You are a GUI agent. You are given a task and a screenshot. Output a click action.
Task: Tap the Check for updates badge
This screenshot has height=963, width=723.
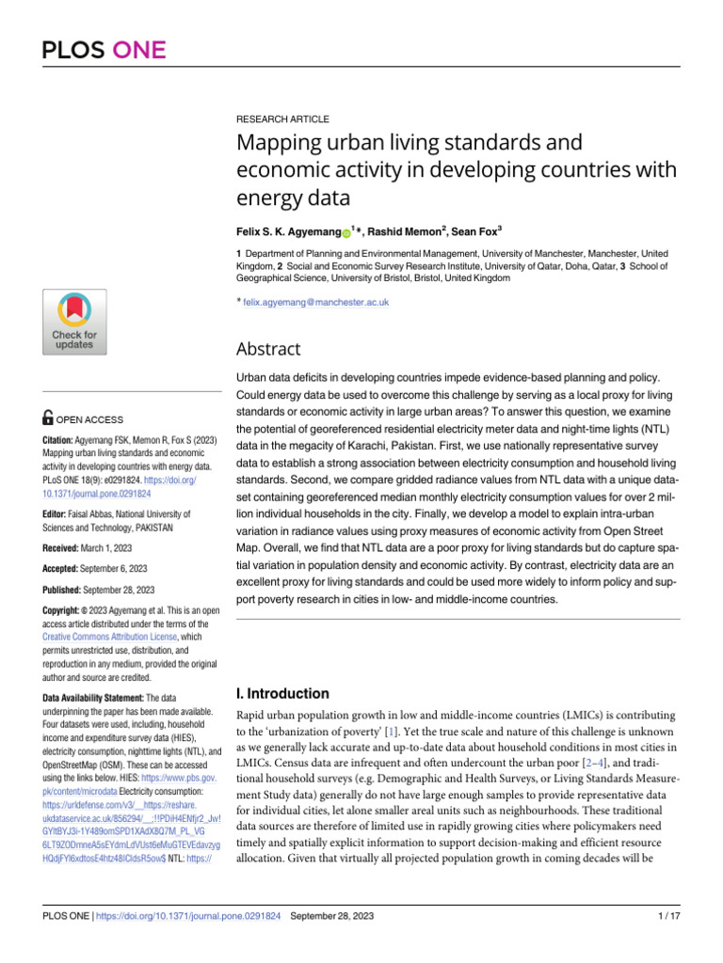click(x=73, y=322)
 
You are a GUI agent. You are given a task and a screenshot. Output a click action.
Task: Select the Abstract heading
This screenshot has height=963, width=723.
click(x=268, y=349)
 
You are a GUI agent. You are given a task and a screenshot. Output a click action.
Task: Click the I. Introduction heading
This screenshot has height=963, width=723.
click(x=281, y=694)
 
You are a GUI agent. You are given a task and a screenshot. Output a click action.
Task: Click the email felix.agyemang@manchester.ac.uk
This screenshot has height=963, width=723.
click(x=315, y=303)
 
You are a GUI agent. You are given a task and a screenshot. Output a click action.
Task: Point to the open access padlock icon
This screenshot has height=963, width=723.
click(x=49, y=419)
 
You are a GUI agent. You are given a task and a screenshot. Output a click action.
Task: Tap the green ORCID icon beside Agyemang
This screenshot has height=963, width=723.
click(x=345, y=230)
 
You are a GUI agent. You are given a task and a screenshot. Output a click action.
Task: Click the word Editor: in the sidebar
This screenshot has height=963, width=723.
click(x=55, y=514)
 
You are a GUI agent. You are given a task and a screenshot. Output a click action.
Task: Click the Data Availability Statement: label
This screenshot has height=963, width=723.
click(x=93, y=698)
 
